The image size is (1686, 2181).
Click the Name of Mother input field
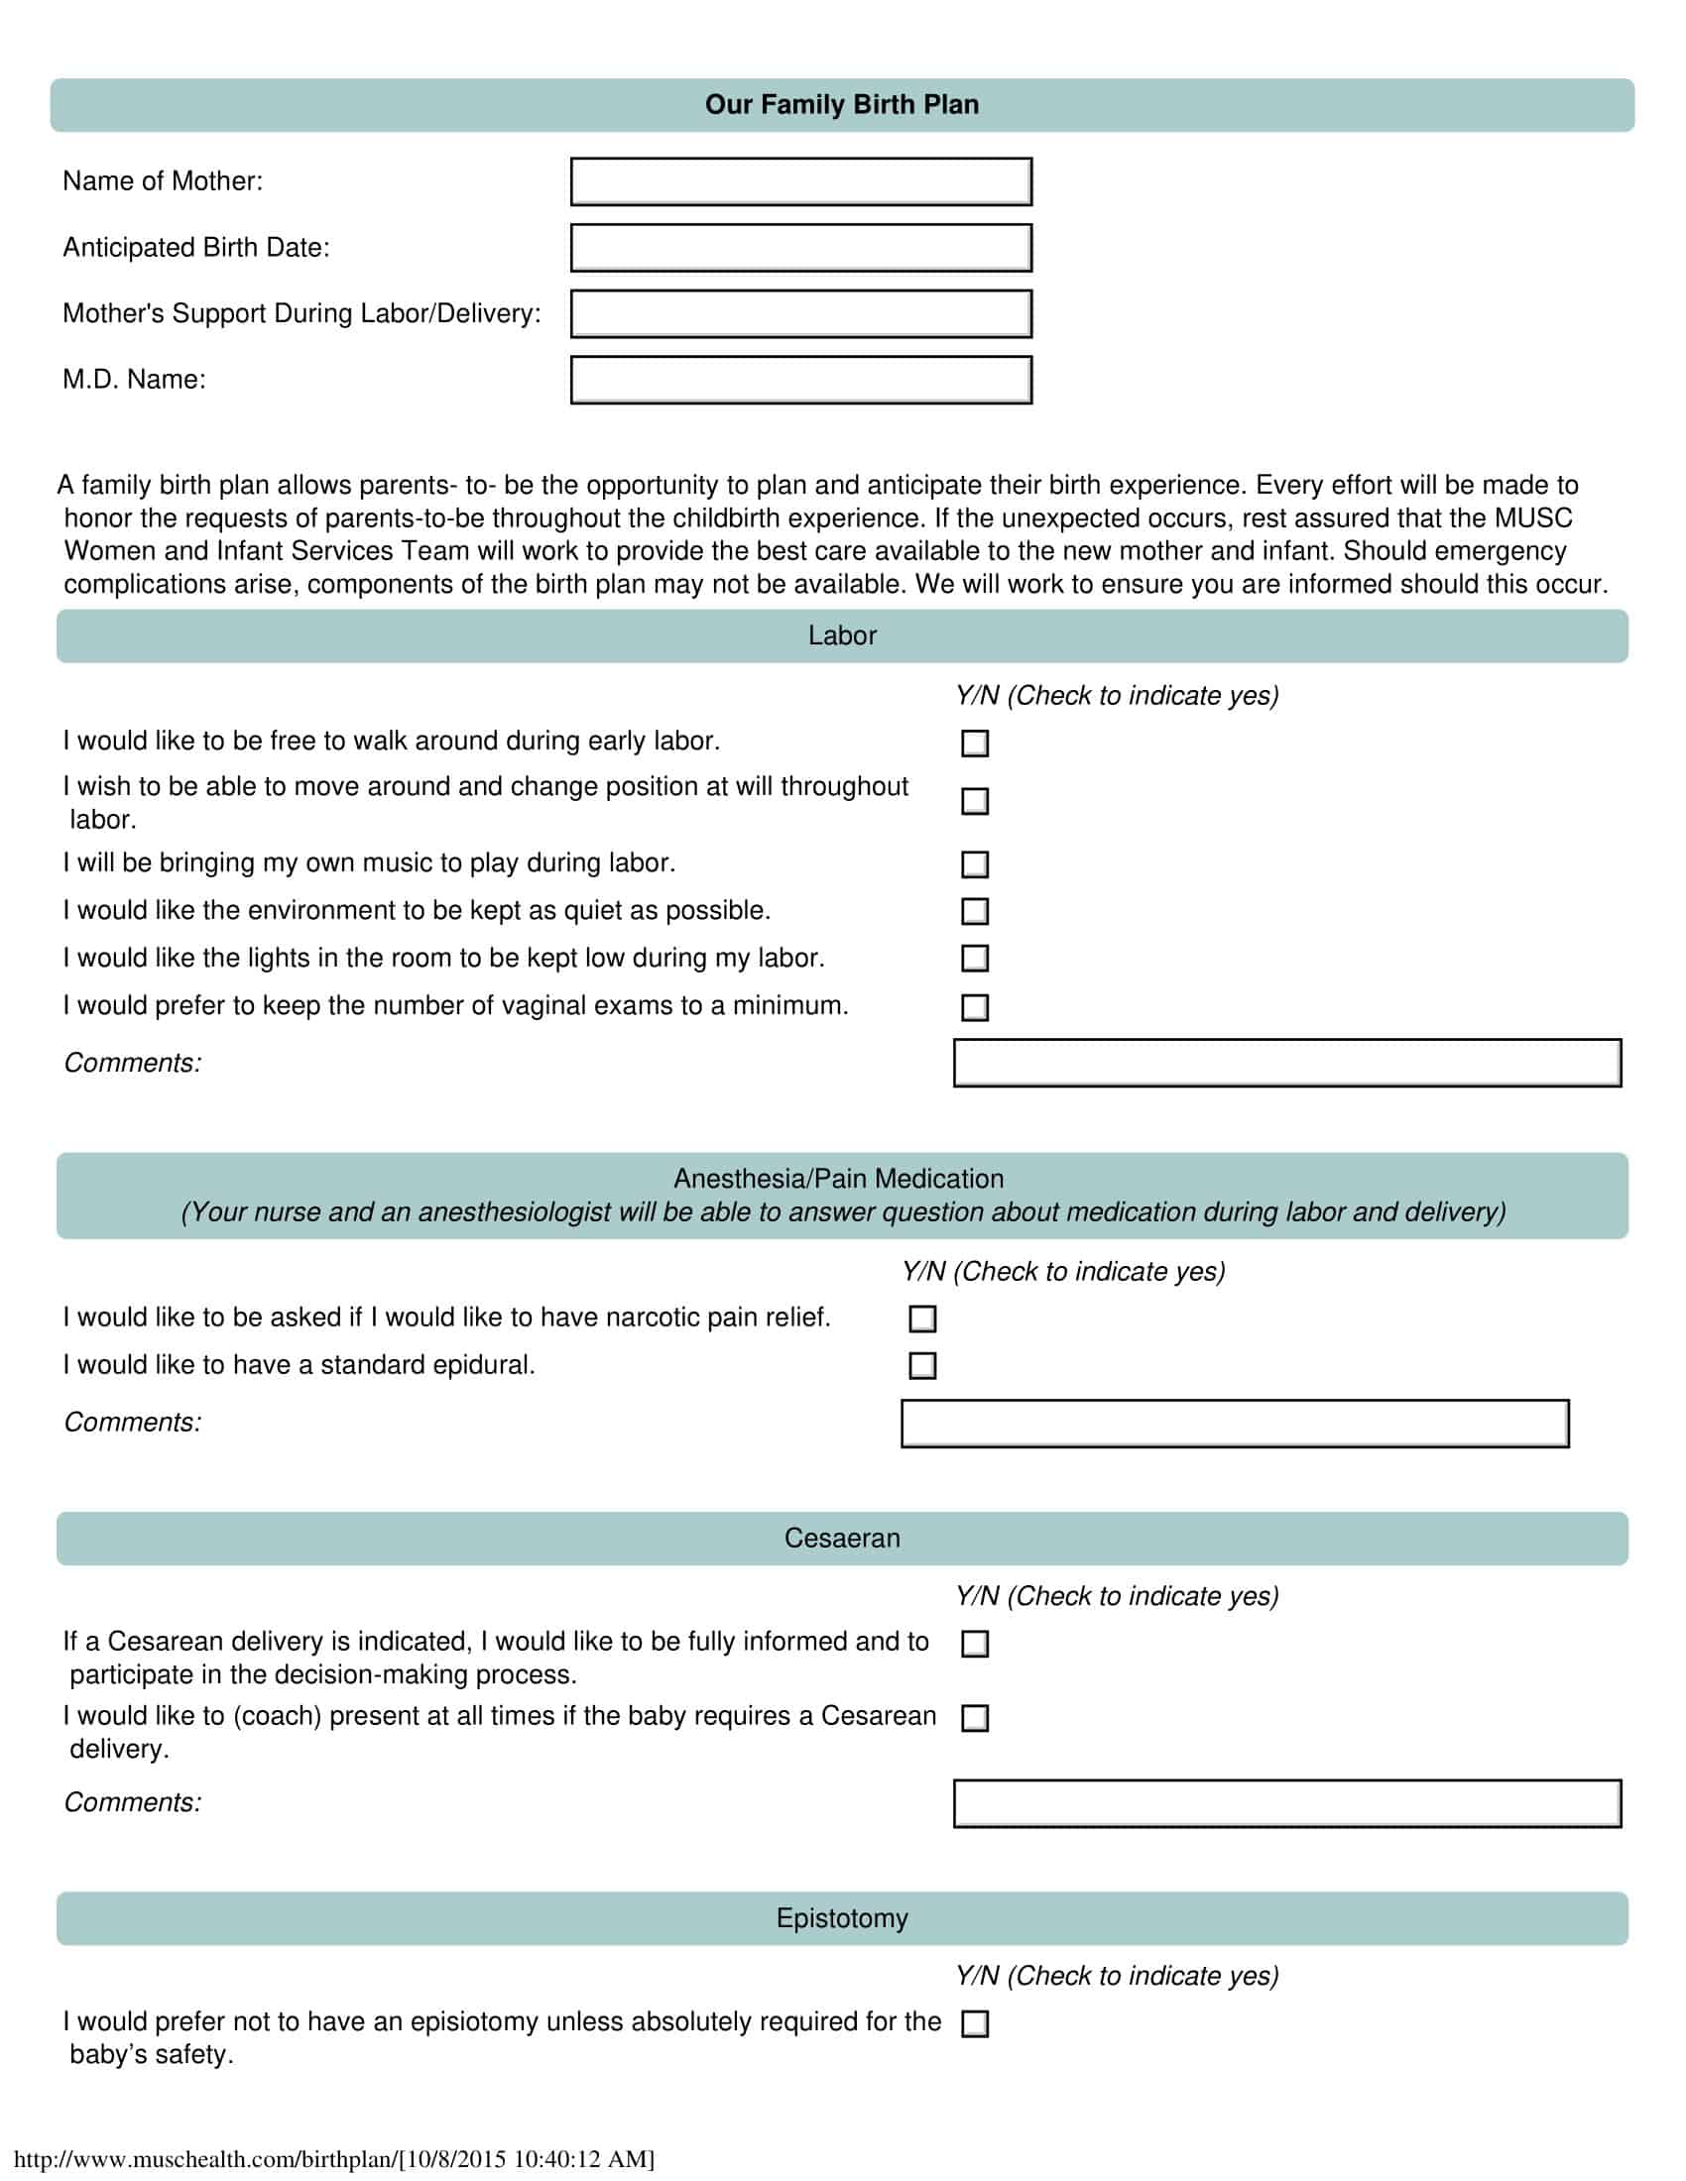coord(801,181)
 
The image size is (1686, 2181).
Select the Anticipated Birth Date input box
coord(801,248)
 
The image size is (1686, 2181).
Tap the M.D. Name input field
coord(801,380)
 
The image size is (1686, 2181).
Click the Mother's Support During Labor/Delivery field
coord(801,313)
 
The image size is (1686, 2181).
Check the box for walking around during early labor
coord(975,743)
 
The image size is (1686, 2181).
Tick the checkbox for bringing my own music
coord(975,863)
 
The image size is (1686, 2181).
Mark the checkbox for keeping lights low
coord(975,959)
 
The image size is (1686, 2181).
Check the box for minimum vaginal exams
coord(975,1006)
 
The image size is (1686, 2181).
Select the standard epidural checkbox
coord(923,1365)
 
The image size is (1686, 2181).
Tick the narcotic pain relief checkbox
coord(923,1319)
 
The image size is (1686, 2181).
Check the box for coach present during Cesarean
coord(975,1718)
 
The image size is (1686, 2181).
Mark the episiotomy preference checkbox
coord(975,2024)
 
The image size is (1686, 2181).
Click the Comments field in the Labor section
coord(1286,1063)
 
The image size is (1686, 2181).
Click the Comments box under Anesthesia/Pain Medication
coord(1235,1423)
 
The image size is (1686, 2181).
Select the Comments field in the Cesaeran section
coord(1286,1803)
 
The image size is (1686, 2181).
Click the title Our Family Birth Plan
coord(842,105)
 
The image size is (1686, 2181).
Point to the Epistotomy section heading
coord(842,1918)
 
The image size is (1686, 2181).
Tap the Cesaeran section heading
coord(842,1538)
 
